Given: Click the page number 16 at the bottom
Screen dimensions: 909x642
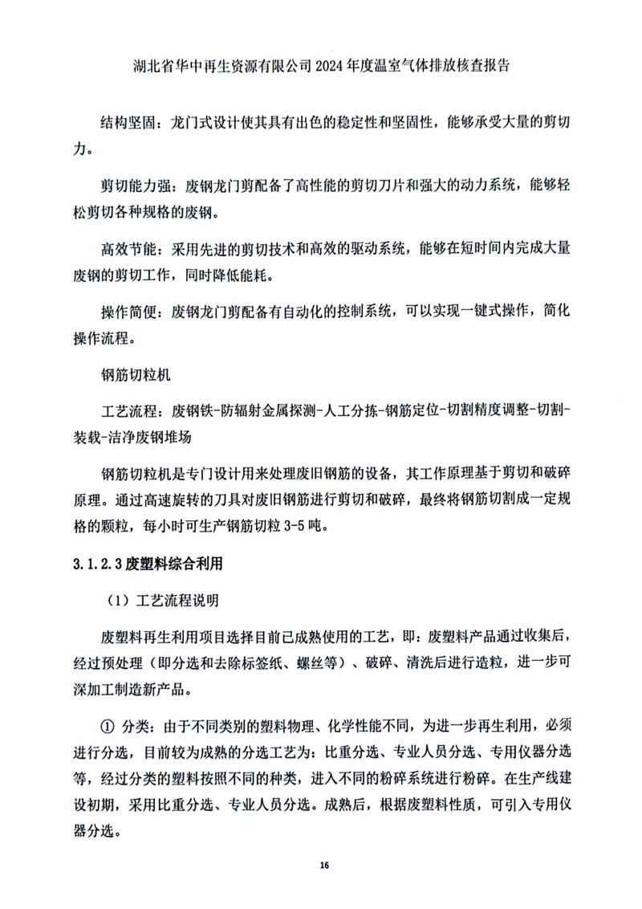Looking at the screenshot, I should pos(324,865).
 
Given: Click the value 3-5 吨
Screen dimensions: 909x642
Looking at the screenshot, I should pos(301,529).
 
